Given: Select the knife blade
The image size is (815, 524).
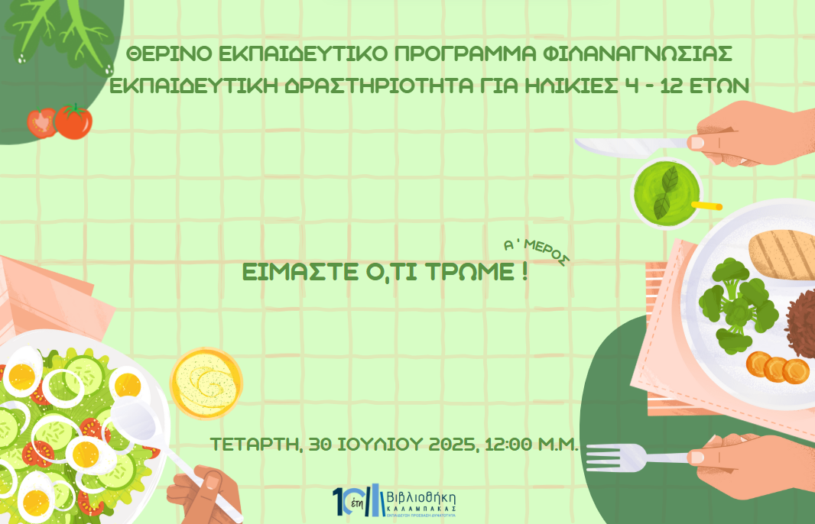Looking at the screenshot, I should pyautogui.click(x=619, y=144).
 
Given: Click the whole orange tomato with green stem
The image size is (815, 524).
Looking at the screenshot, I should pyautogui.click(x=73, y=121).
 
